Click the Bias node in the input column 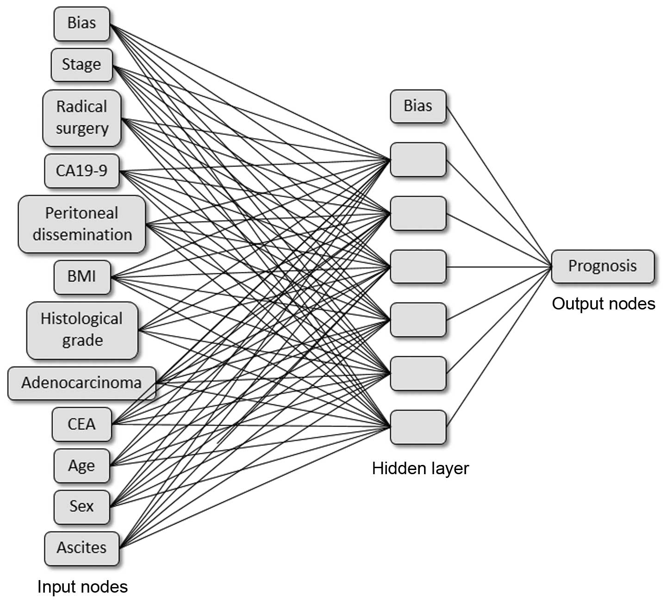tap(82, 24)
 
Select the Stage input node tap(82, 65)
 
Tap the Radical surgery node tap(82, 118)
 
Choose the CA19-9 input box tap(82, 171)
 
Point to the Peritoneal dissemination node tap(82, 224)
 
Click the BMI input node tap(82, 277)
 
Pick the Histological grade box tap(82, 330)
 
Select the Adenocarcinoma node tap(82, 383)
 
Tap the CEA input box tap(82, 425)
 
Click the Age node tap(82, 466)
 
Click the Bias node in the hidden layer tap(418, 106)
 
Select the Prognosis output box tap(603, 266)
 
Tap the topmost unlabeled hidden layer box tap(418, 160)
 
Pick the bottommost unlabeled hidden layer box tap(418, 427)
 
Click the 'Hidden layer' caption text tap(420, 468)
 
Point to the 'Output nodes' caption tap(604, 303)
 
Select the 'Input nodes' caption tap(82, 587)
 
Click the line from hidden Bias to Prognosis tap(499, 186)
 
